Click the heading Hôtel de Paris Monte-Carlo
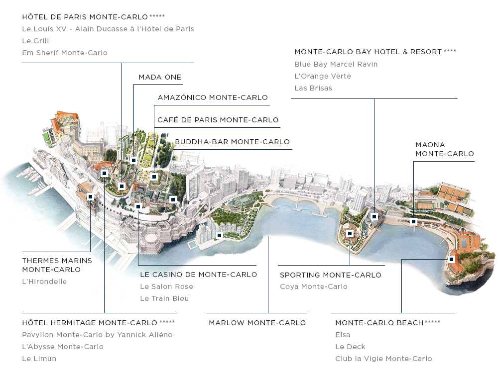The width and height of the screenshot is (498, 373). tap(85, 17)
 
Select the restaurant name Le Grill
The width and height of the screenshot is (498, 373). tap(35, 41)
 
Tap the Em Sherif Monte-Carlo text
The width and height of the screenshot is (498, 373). tap(65, 53)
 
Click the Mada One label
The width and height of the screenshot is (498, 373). tap(160, 77)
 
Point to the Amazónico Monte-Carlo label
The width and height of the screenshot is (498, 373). tap(213, 97)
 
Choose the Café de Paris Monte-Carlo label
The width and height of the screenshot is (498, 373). tap(218, 120)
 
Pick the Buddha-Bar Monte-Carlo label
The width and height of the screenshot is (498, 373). tap(232, 142)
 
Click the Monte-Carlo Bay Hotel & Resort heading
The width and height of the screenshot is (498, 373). tap(368, 52)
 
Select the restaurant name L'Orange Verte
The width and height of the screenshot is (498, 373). tap(323, 76)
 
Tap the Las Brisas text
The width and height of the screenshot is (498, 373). tap(313, 88)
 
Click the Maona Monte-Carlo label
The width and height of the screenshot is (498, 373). tap(445, 149)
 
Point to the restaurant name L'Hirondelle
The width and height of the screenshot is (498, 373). tap(44, 281)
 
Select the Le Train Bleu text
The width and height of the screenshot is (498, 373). tap(164, 298)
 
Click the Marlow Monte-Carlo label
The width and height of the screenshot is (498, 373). tap(257, 323)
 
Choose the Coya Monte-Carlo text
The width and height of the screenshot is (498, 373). tap(314, 286)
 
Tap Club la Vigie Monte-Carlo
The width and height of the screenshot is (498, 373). tap(383, 359)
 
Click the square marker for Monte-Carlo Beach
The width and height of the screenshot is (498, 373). tap(451, 259)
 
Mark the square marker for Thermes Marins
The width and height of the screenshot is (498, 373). tap(90, 197)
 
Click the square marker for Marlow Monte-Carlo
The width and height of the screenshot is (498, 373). tap(220, 235)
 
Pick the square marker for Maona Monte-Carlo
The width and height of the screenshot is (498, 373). tap(413, 222)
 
